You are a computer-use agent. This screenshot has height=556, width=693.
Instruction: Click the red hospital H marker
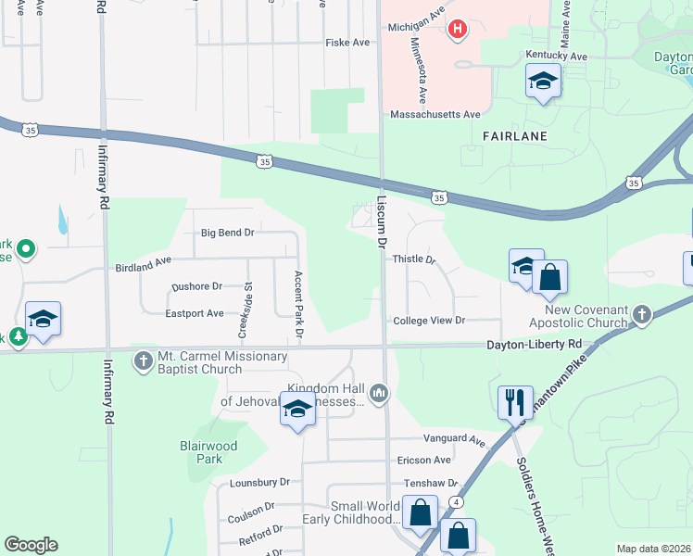457,31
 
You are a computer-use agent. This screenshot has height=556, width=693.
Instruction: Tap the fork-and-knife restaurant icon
515,403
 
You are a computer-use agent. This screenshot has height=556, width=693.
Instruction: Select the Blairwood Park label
208,452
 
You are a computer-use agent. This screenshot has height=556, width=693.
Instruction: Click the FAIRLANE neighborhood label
515,135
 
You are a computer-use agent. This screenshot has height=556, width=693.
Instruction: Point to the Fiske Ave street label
347,43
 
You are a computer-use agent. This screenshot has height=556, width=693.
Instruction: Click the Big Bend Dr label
227,234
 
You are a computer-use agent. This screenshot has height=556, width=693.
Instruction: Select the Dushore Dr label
197,287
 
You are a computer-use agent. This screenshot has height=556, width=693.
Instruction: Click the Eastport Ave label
195,313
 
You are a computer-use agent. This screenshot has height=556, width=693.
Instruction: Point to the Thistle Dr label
414,259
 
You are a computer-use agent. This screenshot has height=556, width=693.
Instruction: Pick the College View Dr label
428,321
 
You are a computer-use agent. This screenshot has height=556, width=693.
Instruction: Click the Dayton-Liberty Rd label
535,344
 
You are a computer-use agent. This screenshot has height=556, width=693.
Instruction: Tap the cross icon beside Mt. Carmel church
143,360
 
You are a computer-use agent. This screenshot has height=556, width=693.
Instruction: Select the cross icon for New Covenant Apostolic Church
641,316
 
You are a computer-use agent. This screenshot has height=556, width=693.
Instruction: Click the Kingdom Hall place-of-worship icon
378,395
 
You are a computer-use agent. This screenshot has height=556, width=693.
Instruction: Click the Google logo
31,545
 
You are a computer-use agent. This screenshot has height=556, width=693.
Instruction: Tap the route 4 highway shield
458,501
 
